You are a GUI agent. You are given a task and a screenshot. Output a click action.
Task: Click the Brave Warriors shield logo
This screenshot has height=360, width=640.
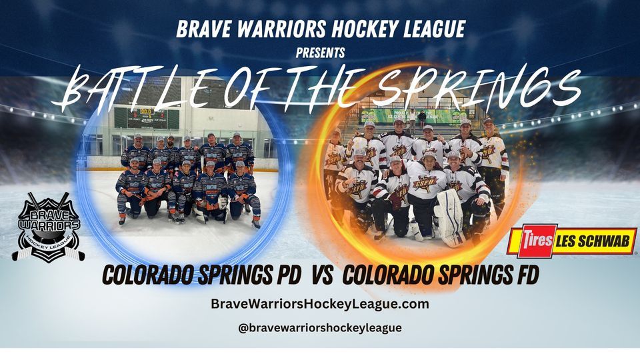(48, 227)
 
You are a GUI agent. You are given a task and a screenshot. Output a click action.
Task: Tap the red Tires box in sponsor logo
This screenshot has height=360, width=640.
(531, 241)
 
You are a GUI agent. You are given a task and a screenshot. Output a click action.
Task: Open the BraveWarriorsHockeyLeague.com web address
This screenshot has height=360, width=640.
(320, 304)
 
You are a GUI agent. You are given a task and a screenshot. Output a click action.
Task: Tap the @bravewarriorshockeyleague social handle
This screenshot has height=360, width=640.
(320, 328)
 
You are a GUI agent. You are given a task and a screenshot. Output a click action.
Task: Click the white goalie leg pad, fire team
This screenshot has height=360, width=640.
(449, 217)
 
